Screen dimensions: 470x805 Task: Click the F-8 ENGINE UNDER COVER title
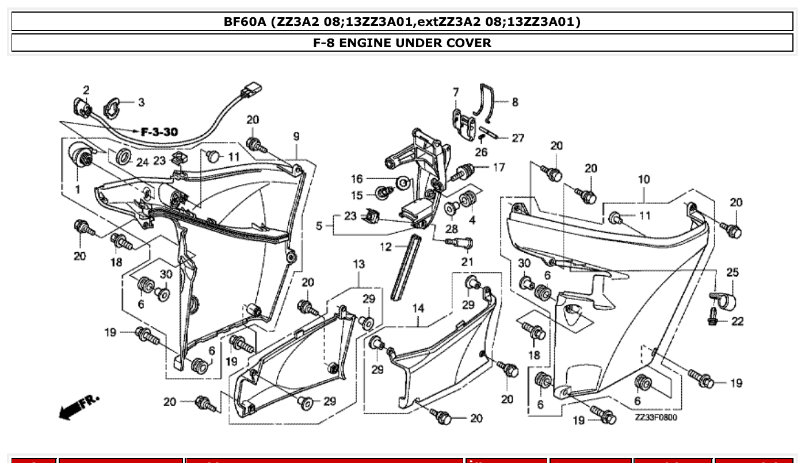tap(402, 43)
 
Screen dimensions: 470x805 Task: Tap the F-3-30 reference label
tap(159, 132)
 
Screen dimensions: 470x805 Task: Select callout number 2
tap(86, 90)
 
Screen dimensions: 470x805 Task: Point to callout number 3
tap(141, 102)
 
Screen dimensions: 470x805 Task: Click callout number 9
tap(296, 136)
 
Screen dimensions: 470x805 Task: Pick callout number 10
tap(644, 179)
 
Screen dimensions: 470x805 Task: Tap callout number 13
tap(358, 264)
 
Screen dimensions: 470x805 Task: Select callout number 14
tap(418, 309)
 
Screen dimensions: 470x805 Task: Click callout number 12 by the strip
tap(385, 247)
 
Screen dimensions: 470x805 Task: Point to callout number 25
tap(732, 272)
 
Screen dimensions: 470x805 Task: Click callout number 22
tap(737, 321)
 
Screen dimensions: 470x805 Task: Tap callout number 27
tap(518, 138)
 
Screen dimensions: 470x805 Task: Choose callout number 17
tap(498, 167)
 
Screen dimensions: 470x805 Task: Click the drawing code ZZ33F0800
tap(656, 417)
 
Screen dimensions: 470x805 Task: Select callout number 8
tap(514, 102)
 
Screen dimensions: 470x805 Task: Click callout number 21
tap(467, 262)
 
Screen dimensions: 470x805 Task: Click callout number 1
tap(77, 188)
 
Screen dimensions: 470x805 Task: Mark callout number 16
tap(357, 179)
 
